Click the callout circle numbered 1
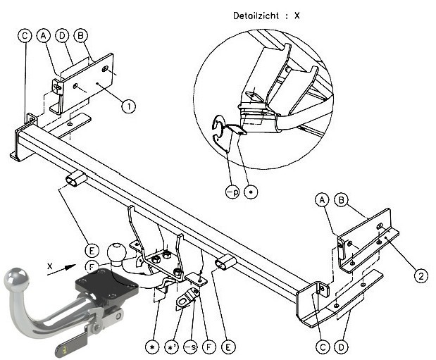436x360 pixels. [128, 106]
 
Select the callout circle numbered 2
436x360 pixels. [421, 276]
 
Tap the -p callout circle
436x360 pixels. [232, 192]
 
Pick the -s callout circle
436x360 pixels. [190, 347]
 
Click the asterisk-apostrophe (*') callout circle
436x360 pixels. [172, 347]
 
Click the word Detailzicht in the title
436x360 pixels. [256, 15]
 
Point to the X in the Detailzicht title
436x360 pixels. [297, 15]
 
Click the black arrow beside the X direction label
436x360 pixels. [61, 270]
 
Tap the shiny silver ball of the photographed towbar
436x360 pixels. [16, 279]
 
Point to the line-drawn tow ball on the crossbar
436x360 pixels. [116, 252]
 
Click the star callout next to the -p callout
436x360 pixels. [251, 192]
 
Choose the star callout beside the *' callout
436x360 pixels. [152, 347]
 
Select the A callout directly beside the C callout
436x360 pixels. [44, 36]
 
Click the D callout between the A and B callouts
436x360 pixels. [62, 36]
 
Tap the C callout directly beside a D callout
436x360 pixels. [323, 347]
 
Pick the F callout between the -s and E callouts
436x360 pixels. [209, 347]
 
